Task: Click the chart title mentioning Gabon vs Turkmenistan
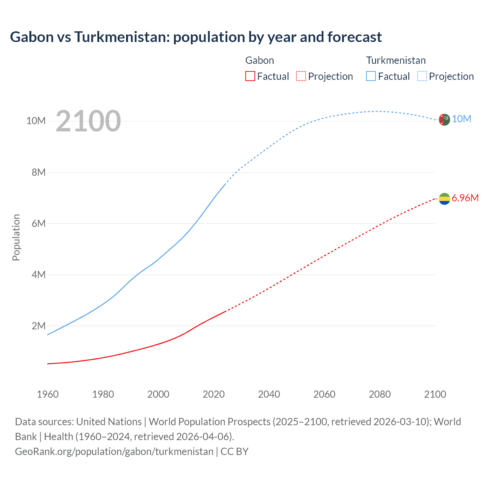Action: [x=196, y=37]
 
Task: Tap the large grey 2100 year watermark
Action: [x=88, y=121]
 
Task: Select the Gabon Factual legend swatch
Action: [x=250, y=76]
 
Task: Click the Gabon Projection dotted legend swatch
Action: [x=301, y=76]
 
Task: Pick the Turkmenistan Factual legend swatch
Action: [x=371, y=76]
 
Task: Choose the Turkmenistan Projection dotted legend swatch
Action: [x=422, y=76]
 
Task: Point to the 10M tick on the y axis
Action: [x=36, y=121]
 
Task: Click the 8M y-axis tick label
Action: [x=38, y=172]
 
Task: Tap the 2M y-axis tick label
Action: [x=38, y=326]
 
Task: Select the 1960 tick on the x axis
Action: [x=48, y=394]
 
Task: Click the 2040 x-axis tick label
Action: [x=269, y=394]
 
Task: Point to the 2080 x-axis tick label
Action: [x=380, y=394]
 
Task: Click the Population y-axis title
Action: [x=16, y=237]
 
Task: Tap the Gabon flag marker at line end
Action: [x=444, y=199]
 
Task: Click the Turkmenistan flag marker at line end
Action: [x=444, y=120]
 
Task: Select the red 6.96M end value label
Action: [x=465, y=198]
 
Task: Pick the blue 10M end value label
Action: [x=461, y=119]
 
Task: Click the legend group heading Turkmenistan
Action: [x=396, y=60]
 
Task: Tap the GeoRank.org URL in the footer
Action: [x=114, y=452]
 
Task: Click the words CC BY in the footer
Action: [x=235, y=452]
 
